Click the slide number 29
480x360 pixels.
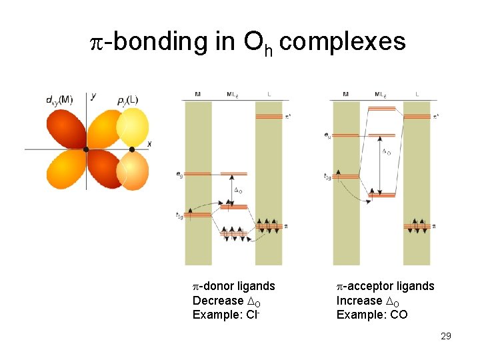click(x=445, y=336)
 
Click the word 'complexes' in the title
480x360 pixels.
click(x=343, y=41)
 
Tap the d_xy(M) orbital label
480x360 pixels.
click(x=59, y=100)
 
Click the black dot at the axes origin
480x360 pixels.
click(x=86, y=149)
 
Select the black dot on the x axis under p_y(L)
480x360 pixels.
click(x=132, y=149)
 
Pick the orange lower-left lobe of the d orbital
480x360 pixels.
click(x=65, y=170)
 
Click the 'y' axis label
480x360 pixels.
click(x=93, y=96)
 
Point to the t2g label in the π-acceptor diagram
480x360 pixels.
click(x=327, y=177)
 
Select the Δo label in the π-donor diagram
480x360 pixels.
click(x=238, y=192)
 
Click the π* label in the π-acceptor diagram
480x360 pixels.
click(x=435, y=117)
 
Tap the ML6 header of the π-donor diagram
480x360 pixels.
click(x=232, y=95)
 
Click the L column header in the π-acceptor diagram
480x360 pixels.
click(x=417, y=95)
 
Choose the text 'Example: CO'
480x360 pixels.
click(x=372, y=315)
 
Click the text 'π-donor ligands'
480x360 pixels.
click(x=233, y=286)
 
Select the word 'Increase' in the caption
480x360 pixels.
click(x=359, y=301)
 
